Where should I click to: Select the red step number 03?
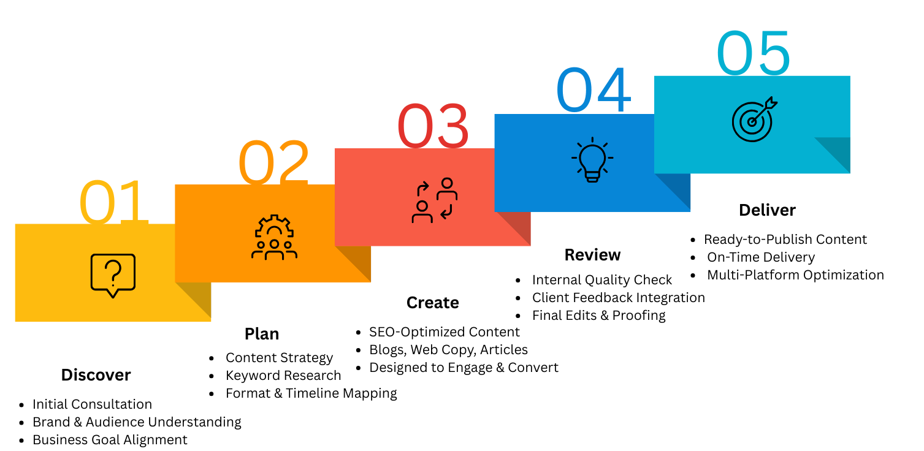433,126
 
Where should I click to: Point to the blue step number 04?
593,89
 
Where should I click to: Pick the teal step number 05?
753,53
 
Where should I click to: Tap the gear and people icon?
274,237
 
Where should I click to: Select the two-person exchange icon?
434,200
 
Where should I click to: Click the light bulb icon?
592,160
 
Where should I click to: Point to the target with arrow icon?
754,119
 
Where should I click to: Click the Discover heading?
96,375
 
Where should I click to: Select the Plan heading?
262,334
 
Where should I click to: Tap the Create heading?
433,303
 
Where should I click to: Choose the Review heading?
592,255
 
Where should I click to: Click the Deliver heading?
767,210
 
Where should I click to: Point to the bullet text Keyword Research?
283,376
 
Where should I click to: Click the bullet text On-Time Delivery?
761,257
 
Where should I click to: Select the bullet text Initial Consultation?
93,404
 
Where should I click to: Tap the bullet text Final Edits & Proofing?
599,316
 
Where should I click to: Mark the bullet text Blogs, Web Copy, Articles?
448,350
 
